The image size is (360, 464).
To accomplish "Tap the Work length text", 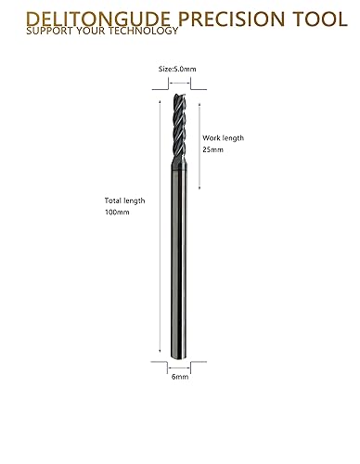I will coord(223,137).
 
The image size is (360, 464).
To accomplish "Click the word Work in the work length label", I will coord(211,137).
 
